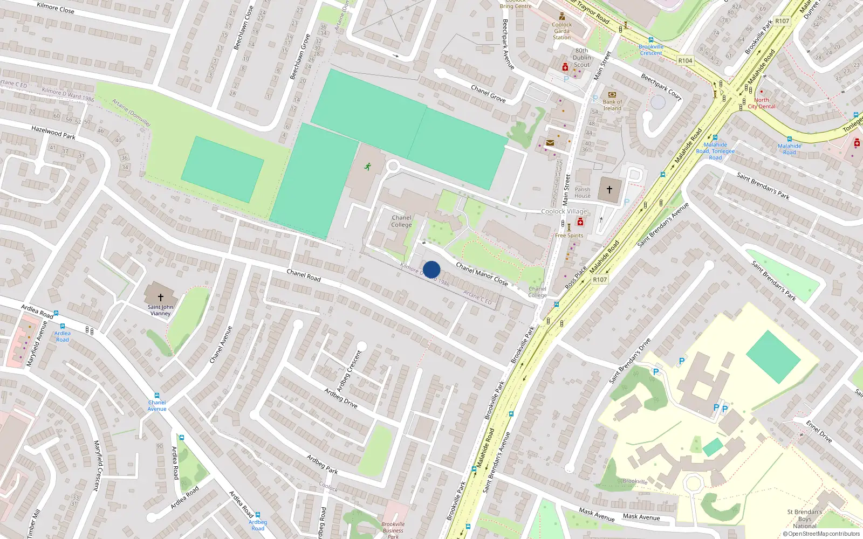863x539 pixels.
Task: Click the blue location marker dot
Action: (x=432, y=269)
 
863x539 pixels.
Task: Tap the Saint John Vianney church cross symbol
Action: (x=160, y=297)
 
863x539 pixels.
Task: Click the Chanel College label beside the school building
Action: (x=401, y=222)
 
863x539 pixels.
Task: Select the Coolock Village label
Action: (x=564, y=211)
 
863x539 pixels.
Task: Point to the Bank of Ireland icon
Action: (x=612, y=94)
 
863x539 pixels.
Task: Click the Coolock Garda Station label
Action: (x=561, y=31)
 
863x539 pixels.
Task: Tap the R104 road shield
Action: (x=685, y=61)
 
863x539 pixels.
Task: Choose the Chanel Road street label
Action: (x=304, y=275)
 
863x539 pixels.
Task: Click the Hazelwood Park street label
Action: (x=53, y=133)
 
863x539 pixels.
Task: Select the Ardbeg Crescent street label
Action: (x=350, y=371)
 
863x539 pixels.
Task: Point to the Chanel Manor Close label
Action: (x=482, y=274)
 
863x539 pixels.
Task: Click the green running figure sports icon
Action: (x=368, y=166)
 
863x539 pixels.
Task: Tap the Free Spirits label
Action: (x=569, y=236)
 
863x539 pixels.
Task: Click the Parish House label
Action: (x=582, y=192)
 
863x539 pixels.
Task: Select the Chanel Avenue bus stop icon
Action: (x=157, y=396)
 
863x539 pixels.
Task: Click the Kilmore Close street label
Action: (x=56, y=8)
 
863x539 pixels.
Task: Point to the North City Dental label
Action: (x=762, y=103)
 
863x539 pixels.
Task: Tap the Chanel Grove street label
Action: (x=488, y=93)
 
